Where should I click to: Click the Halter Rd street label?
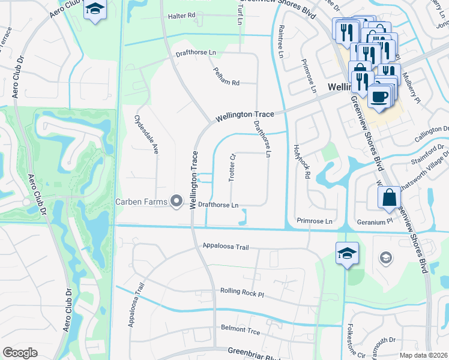(x=182, y=16)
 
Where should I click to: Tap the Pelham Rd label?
(x=226, y=76)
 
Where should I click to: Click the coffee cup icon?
(x=378, y=97)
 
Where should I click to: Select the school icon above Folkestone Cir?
(x=347, y=253)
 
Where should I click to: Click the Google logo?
(x=20, y=353)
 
